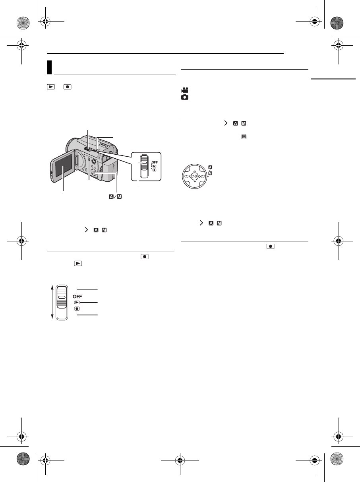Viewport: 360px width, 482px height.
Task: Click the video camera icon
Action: click(185, 90)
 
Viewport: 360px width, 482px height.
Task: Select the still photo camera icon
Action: click(185, 97)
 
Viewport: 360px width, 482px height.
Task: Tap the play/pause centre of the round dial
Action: click(195, 176)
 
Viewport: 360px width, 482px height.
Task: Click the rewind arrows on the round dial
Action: click(186, 176)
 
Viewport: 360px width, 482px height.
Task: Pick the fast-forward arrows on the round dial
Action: click(203, 176)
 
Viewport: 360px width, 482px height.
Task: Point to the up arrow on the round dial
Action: click(195, 171)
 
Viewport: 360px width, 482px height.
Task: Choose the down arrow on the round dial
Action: click(195, 181)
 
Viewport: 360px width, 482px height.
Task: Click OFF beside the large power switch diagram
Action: click(77, 296)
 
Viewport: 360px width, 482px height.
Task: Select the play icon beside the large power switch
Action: click(77, 302)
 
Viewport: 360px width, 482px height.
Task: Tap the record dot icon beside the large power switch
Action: click(77, 309)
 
